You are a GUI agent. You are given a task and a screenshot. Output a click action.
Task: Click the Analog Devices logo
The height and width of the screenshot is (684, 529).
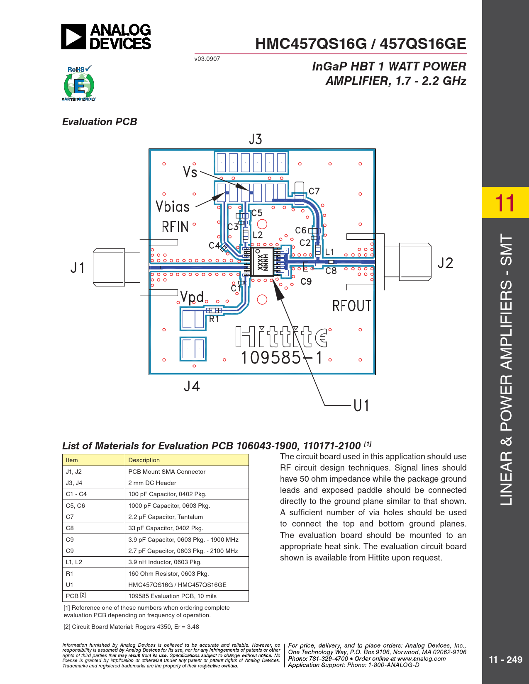106,36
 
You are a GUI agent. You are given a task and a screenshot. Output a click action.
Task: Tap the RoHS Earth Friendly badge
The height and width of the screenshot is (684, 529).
79,83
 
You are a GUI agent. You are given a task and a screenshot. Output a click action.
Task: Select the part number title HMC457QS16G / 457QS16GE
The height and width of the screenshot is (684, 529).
361,44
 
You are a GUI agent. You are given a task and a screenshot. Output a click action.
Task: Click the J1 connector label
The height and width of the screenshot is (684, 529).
78,268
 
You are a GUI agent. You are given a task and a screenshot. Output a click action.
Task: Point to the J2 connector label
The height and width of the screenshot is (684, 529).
445,263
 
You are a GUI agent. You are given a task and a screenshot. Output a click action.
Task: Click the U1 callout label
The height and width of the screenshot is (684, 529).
361,405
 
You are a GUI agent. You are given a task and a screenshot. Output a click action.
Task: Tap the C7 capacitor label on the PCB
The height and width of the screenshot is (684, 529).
314,191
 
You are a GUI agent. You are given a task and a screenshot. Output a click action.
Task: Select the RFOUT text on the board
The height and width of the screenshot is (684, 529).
351,306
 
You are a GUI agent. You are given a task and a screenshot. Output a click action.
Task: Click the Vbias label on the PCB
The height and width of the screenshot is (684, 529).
173,207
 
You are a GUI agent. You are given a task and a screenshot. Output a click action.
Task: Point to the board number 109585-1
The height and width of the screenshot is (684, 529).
282,358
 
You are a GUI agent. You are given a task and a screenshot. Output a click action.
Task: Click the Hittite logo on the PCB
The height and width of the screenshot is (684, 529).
281,337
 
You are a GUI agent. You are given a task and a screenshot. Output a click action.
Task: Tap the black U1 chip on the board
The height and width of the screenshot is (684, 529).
262,262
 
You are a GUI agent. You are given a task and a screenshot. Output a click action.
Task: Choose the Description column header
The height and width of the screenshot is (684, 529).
144,460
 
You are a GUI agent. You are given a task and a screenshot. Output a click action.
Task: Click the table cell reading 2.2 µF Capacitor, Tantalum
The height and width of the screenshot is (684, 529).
166,517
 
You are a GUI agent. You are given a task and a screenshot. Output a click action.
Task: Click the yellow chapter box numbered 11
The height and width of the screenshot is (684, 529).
505,202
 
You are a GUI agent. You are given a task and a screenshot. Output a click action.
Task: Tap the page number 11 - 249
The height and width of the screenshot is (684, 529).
505,660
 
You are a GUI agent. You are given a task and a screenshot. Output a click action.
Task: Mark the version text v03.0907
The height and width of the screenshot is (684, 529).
207,59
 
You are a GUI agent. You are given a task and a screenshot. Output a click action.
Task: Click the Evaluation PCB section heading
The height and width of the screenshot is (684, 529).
100,122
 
